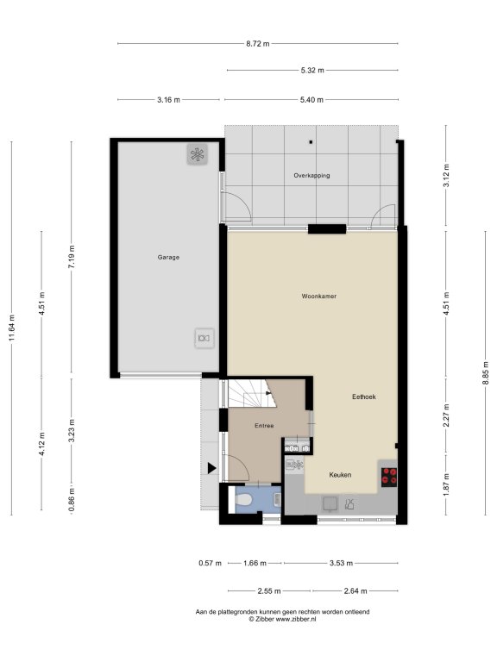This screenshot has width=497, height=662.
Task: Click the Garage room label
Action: coord(168,257)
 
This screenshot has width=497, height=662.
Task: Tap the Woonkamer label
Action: coord(319,297)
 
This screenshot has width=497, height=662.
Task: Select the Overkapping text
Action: coord(311,176)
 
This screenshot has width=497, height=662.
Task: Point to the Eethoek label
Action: coord(364,397)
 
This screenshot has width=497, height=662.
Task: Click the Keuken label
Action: coord(340,475)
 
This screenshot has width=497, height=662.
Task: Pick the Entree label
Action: coord(264,426)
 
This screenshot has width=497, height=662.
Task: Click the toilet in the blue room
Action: coord(243,500)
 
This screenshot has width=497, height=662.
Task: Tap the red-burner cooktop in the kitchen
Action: coord(389,477)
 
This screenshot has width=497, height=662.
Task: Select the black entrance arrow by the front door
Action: coord(211,468)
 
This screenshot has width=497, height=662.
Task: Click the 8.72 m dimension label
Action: coord(258,43)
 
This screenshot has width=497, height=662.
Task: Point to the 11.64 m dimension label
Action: coord(12,328)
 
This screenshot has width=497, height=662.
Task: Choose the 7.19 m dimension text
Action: coord(72,257)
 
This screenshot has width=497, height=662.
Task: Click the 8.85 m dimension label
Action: coord(486,372)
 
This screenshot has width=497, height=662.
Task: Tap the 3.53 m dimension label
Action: coord(341,563)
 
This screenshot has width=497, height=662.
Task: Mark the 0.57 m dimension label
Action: coord(210,563)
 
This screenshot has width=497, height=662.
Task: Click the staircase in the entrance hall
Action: coord(252,393)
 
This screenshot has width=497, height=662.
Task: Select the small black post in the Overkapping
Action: coord(311,142)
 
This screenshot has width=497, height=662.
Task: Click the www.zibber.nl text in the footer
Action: coord(296,620)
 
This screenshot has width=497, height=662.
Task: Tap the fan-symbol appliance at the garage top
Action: coord(198,154)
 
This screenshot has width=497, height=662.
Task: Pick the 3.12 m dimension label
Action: coord(447,175)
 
